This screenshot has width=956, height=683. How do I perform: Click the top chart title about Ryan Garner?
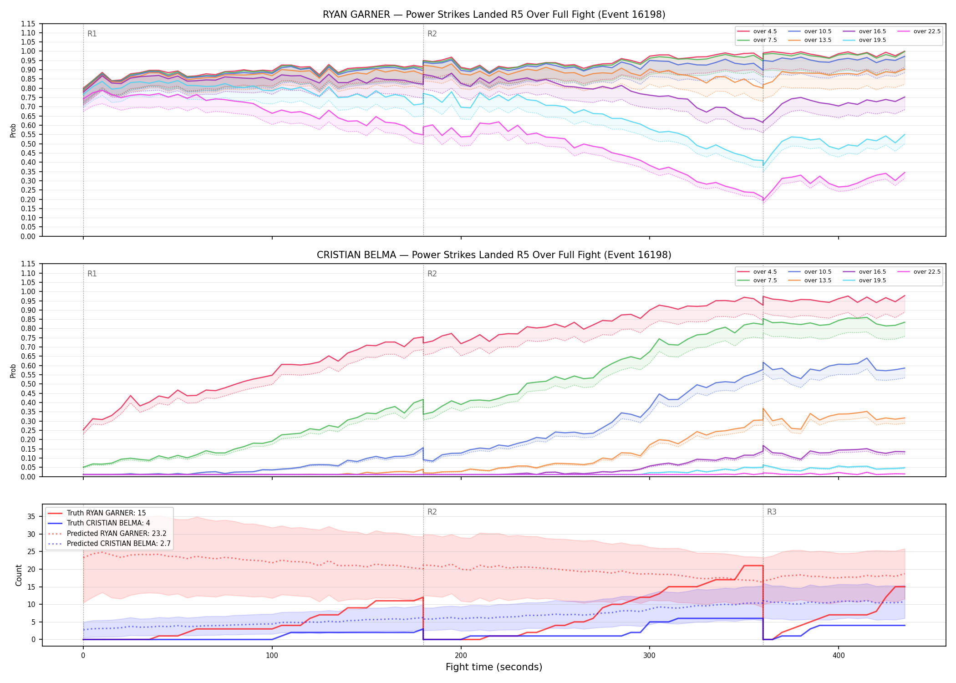(x=494, y=15)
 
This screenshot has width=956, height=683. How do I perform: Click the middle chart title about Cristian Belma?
(x=494, y=255)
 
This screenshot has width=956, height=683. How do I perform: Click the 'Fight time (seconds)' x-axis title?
(x=494, y=667)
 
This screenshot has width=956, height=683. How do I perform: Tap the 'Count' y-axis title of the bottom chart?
(x=19, y=575)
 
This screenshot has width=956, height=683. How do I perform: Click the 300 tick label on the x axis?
(x=650, y=656)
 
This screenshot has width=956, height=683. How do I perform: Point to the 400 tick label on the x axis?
(x=839, y=656)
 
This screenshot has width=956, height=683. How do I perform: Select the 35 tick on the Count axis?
(x=31, y=516)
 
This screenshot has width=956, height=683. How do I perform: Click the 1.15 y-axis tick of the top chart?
(x=28, y=24)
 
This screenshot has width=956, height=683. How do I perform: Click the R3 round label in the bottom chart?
(x=772, y=512)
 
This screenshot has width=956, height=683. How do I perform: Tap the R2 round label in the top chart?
(x=432, y=34)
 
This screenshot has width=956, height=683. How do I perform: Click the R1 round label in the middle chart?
(x=92, y=274)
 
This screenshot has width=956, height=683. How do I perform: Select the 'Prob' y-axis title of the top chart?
(x=13, y=130)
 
